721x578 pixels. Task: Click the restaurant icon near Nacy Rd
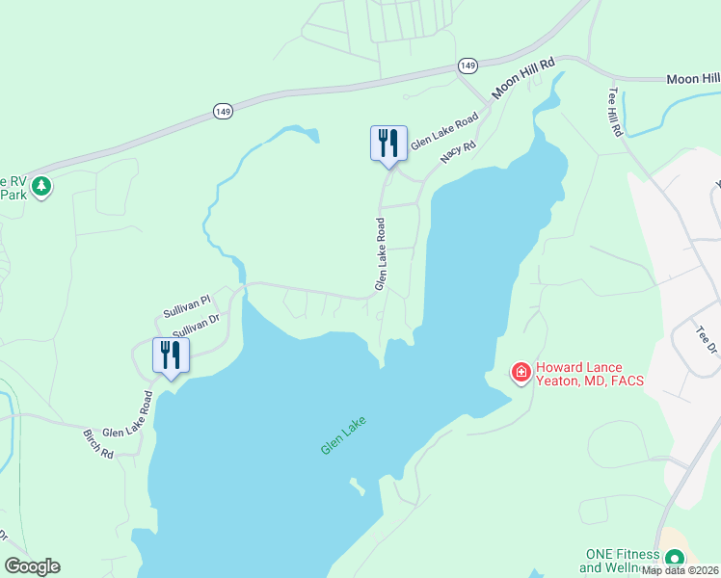[x=388, y=144]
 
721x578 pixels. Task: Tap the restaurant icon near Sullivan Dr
[x=171, y=355]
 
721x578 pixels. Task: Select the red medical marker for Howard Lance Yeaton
[x=521, y=372]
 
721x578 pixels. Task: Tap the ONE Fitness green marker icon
[x=675, y=558]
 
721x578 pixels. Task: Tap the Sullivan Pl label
[x=186, y=307]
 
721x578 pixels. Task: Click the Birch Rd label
[x=98, y=444]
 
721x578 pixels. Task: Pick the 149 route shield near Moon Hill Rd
[x=467, y=66]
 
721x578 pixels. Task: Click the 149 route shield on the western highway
[x=223, y=112]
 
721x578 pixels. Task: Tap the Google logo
[x=33, y=566]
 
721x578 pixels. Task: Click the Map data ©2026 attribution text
[x=681, y=570]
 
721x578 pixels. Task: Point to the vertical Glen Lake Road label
[x=381, y=254]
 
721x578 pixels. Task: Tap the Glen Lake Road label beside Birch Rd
[x=128, y=415]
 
